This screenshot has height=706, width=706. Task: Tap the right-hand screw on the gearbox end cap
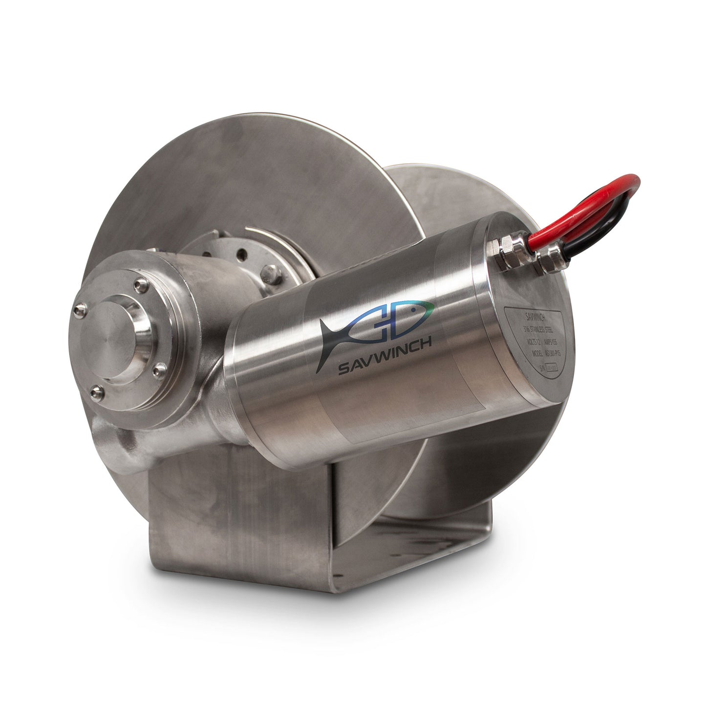157,372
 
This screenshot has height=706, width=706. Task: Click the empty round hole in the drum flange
240,256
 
